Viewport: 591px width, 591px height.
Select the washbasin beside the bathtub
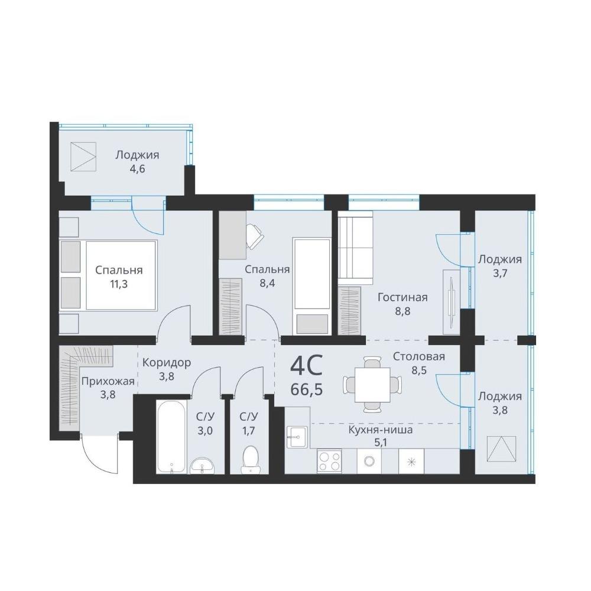pos(202,466)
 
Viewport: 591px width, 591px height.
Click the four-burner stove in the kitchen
pos(330,462)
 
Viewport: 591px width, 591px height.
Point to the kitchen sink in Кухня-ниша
pos(297,437)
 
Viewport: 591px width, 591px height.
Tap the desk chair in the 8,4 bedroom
pos(255,236)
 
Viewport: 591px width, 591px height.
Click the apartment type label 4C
pos(306,366)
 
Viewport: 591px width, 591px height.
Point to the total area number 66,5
pos(306,389)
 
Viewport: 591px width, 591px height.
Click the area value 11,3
pos(119,284)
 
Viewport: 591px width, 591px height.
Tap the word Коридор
pos(167,363)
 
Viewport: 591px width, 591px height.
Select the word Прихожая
pos(108,381)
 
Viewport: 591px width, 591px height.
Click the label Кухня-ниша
pos(380,430)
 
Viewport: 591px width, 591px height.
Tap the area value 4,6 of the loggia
pos(137,168)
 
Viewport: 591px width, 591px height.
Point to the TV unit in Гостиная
pos(452,301)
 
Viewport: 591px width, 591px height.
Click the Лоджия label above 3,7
pos(500,259)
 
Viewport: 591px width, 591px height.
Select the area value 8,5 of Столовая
pos(419,370)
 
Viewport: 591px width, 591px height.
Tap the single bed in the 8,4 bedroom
pos(311,286)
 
